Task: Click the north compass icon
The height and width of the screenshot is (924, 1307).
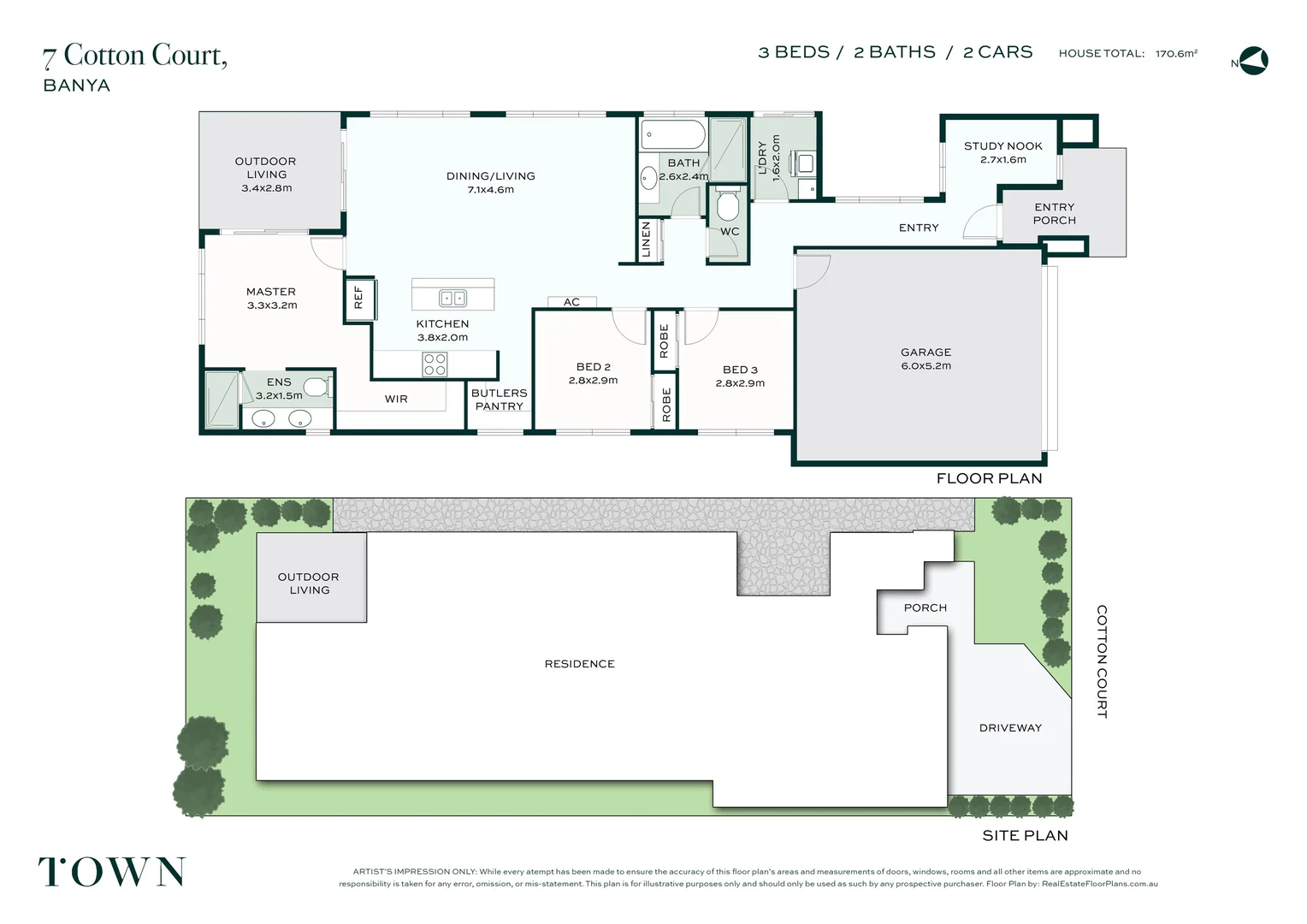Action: (1253, 61)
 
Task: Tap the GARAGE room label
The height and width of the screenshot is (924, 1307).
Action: (926, 352)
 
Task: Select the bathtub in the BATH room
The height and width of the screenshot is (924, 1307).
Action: (673, 135)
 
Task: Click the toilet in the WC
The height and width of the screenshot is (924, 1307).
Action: (728, 205)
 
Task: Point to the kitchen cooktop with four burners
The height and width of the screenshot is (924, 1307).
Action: (435, 364)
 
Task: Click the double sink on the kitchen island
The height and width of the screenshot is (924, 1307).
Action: (452, 299)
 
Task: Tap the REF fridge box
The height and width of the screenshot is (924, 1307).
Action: (359, 299)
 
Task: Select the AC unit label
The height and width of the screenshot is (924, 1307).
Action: (571, 302)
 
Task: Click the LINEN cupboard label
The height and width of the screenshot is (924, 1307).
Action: (646, 240)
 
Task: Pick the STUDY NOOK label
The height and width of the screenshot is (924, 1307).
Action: (1003, 146)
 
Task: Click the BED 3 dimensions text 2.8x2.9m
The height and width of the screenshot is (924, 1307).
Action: (740, 383)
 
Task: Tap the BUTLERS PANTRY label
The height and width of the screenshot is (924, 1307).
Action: (500, 400)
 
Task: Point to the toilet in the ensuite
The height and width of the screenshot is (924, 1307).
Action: (317, 387)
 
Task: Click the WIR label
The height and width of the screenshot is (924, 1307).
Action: (396, 400)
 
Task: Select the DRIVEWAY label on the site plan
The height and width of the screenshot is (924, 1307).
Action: (1010, 728)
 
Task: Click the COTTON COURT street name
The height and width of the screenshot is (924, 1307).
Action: (1102, 661)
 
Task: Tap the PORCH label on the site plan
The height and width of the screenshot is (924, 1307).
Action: (926, 607)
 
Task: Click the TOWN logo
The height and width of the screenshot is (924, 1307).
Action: (112, 872)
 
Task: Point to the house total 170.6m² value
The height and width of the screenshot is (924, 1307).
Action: (1176, 54)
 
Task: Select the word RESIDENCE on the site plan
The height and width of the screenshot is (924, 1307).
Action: (579, 664)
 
